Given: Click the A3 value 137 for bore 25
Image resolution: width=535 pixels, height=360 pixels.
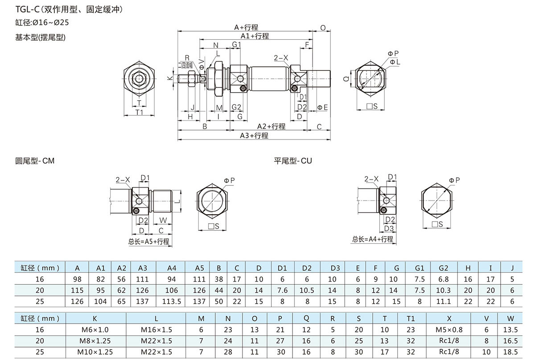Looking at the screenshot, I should pyautogui.click(x=143, y=302).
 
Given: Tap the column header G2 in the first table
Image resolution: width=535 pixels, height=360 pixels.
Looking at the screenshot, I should pyautogui.click(x=443, y=268).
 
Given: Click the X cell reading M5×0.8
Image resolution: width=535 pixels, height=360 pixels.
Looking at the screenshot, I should pyautogui.click(x=449, y=330).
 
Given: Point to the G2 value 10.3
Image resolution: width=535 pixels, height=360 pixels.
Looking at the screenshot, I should pyautogui.click(x=443, y=290).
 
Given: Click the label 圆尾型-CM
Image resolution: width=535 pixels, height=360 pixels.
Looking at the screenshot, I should pyautogui.click(x=35, y=160).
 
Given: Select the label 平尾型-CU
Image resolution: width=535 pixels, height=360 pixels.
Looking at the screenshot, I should pyautogui.click(x=293, y=160).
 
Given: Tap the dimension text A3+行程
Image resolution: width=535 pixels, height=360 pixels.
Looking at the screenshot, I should pyautogui.click(x=254, y=135).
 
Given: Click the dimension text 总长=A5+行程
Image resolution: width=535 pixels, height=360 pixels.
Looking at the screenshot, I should pyautogui.click(x=149, y=241).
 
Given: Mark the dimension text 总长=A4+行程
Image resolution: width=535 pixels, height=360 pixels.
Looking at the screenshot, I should pyautogui.click(x=373, y=239).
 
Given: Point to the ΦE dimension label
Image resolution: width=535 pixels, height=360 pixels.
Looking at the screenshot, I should pyautogui.click(x=322, y=107).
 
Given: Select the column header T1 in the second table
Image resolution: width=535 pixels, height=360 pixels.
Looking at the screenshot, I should pyautogui.click(x=411, y=319).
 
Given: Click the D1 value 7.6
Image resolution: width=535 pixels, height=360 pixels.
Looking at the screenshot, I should pyautogui.click(x=282, y=290).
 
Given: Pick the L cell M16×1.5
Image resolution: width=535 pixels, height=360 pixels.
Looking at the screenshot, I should pyautogui.click(x=156, y=330).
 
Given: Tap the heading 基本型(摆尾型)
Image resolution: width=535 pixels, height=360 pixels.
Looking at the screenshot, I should pyautogui.click(x=41, y=37).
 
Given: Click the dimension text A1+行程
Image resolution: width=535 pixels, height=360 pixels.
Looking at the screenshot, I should pyautogui.click(x=255, y=36).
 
